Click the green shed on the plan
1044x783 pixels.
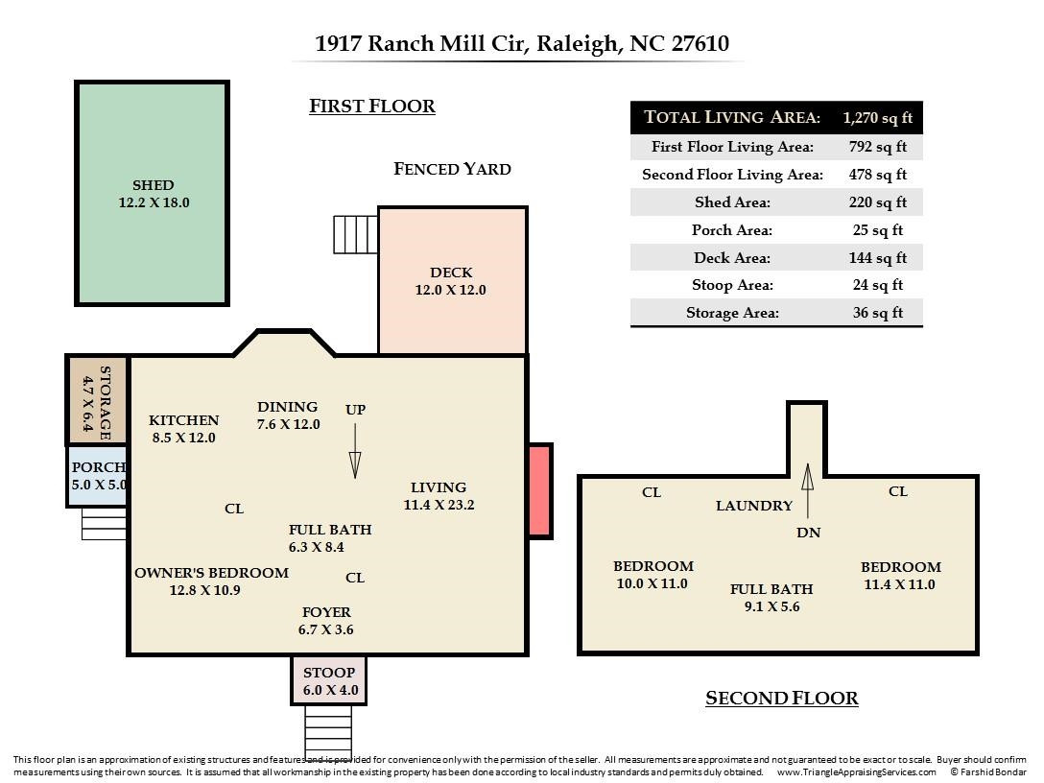click(x=152, y=193)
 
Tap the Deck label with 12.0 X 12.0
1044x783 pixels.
click(x=450, y=281)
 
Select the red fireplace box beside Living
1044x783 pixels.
click(x=540, y=490)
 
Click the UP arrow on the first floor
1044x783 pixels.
click(x=355, y=463)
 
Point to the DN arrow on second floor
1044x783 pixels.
click(x=808, y=490)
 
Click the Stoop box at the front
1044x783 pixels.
click(x=329, y=680)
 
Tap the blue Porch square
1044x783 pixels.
click(x=97, y=476)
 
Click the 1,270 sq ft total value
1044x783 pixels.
click(x=877, y=118)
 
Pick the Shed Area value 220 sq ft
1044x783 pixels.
click(x=877, y=202)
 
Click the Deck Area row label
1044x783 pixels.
click(x=732, y=257)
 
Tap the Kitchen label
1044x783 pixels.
click(x=183, y=420)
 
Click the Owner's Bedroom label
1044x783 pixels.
click(x=211, y=573)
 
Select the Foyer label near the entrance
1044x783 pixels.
click(x=326, y=612)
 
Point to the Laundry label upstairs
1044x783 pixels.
click(x=754, y=506)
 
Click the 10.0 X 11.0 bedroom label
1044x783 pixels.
click(x=652, y=575)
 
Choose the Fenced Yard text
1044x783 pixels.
click(x=452, y=169)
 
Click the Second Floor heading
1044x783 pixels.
click(x=781, y=699)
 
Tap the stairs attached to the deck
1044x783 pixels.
click(x=355, y=234)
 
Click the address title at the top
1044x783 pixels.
click(x=522, y=43)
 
